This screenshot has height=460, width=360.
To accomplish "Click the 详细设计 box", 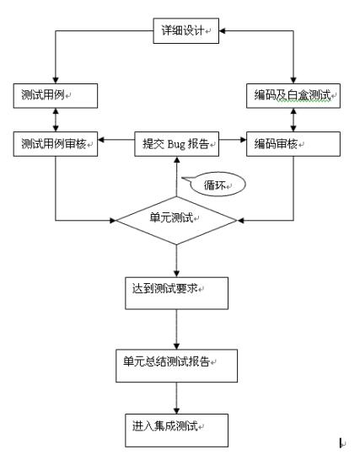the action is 185,31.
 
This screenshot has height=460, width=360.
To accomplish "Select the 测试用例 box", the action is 56,96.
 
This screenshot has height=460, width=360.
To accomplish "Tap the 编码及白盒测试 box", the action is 293,96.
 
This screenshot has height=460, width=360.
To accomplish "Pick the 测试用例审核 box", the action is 56,144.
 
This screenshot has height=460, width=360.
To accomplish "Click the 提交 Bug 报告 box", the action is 176,144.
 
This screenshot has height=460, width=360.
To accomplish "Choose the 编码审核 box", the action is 293,144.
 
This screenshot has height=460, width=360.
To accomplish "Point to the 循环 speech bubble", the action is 217,185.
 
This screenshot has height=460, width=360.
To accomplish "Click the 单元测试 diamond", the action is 176,220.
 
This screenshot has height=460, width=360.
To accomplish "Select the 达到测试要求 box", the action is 176,293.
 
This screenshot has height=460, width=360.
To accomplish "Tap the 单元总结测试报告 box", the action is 176,366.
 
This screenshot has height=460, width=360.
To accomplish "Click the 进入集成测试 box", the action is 176,430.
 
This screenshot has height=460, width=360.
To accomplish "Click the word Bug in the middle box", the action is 176,144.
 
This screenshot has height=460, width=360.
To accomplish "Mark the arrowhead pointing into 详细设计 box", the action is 223,31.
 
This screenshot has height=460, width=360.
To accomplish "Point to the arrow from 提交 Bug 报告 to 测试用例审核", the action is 116,140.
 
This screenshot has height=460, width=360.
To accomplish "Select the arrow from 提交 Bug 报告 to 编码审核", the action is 233,140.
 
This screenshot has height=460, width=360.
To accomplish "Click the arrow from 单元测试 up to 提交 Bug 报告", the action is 176,176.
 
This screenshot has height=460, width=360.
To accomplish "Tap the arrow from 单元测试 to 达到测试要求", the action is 176,260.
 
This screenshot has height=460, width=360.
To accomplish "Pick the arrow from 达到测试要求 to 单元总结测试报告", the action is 176,329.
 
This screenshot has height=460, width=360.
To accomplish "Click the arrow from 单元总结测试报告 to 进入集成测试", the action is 176,398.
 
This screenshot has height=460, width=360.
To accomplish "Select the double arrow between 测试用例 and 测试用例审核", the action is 56,120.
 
